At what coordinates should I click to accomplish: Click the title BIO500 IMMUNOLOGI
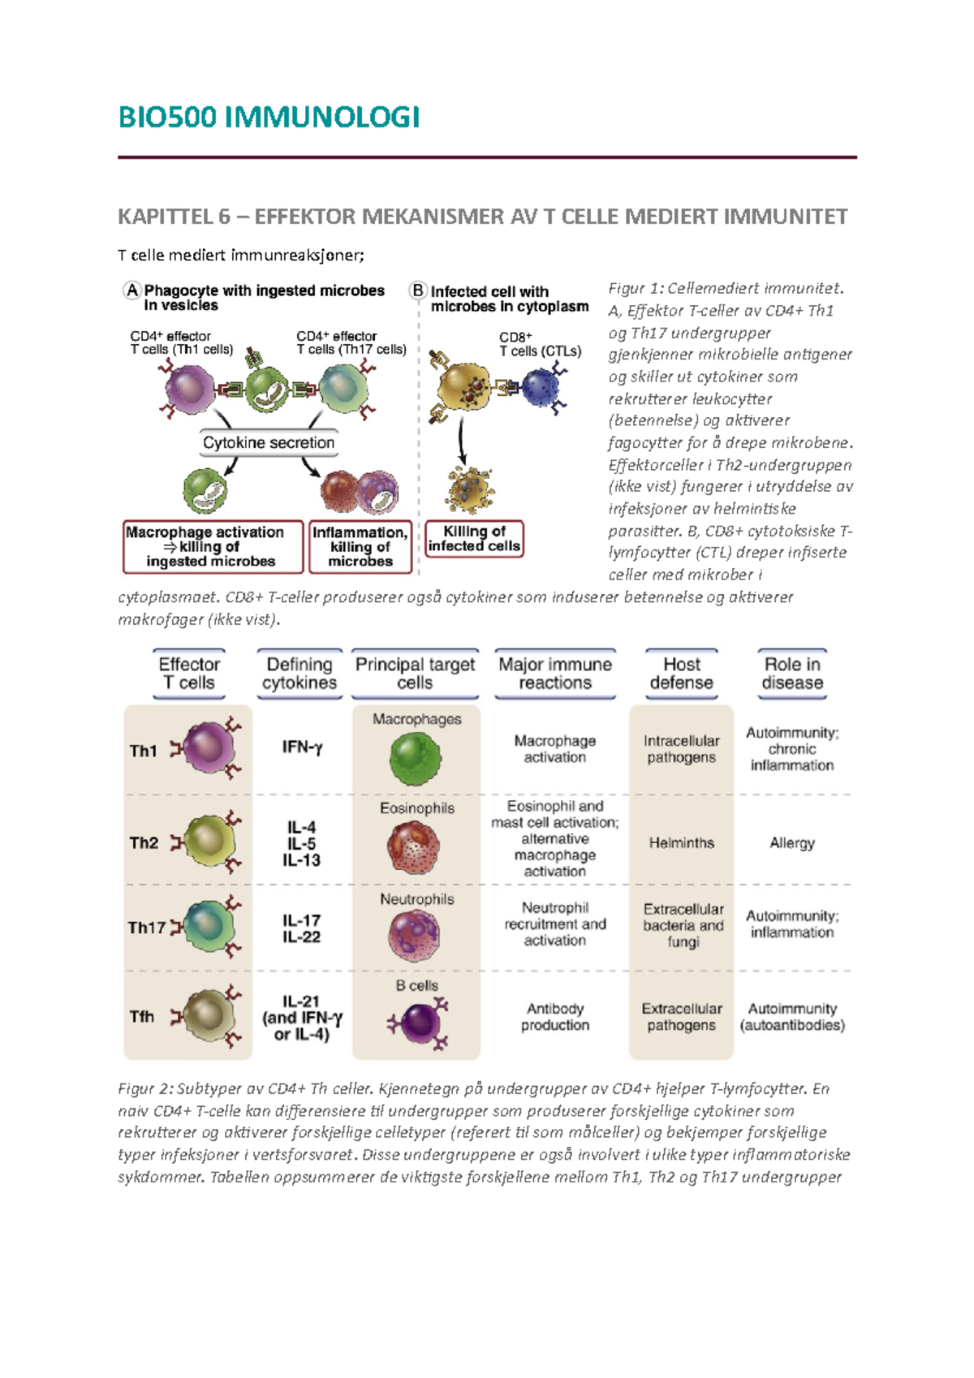coord(269,118)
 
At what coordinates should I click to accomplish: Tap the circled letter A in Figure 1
coord(131,291)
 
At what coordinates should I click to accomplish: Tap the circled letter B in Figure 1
coord(418,291)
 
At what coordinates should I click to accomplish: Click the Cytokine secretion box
coord(269,443)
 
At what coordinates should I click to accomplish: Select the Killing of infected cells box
coord(474,539)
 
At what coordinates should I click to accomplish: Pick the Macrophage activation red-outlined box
coord(213,547)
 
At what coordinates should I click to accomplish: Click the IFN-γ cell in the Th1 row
coord(302,747)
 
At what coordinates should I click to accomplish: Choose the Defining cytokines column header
coord(300,674)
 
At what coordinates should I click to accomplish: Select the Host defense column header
coord(681,674)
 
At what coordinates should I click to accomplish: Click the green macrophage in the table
coord(416,758)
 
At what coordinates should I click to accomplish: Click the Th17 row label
coord(146,928)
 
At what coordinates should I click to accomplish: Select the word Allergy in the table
coord(792,843)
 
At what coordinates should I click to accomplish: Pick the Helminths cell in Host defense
coord(681,843)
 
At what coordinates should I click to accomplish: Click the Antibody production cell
coord(555,1017)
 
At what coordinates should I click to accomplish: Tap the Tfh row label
coord(142,1017)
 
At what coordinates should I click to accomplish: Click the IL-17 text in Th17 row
coord(301,920)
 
